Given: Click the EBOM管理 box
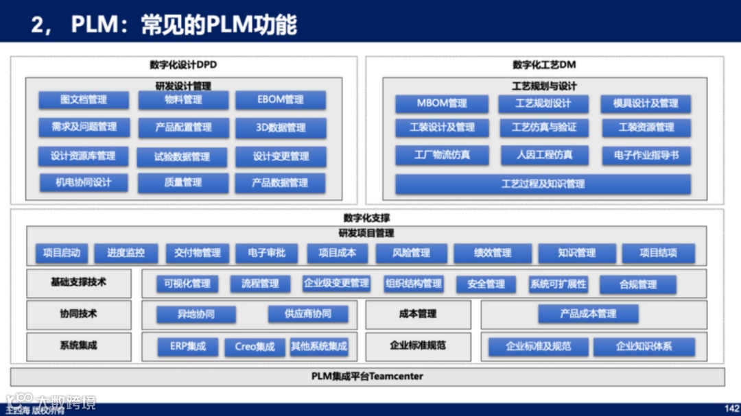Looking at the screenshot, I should [281, 100].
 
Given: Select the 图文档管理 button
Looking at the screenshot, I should [84, 100].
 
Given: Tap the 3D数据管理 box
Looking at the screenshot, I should [281, 128].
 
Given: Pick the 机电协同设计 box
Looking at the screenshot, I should [84, 183].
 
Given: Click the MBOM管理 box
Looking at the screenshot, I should [442, 103].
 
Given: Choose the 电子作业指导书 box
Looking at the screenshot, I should [646, 155].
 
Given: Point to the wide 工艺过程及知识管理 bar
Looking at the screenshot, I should [543, 184].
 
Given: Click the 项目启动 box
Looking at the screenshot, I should [62, 253].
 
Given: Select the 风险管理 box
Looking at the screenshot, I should [411, 253].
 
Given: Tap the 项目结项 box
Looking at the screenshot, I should [658, 253].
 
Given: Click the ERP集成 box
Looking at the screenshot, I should [188, 347].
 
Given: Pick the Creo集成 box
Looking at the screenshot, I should [255, 347].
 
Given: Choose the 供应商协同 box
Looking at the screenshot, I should [308, 314].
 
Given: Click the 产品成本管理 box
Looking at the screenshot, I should [588, 314].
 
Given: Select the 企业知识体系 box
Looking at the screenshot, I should [644, 347].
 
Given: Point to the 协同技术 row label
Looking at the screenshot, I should [78, 314].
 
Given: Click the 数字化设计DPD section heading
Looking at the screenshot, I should [183, 65].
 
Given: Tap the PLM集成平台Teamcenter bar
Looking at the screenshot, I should [368, 376].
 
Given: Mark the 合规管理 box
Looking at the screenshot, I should [638, 284].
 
